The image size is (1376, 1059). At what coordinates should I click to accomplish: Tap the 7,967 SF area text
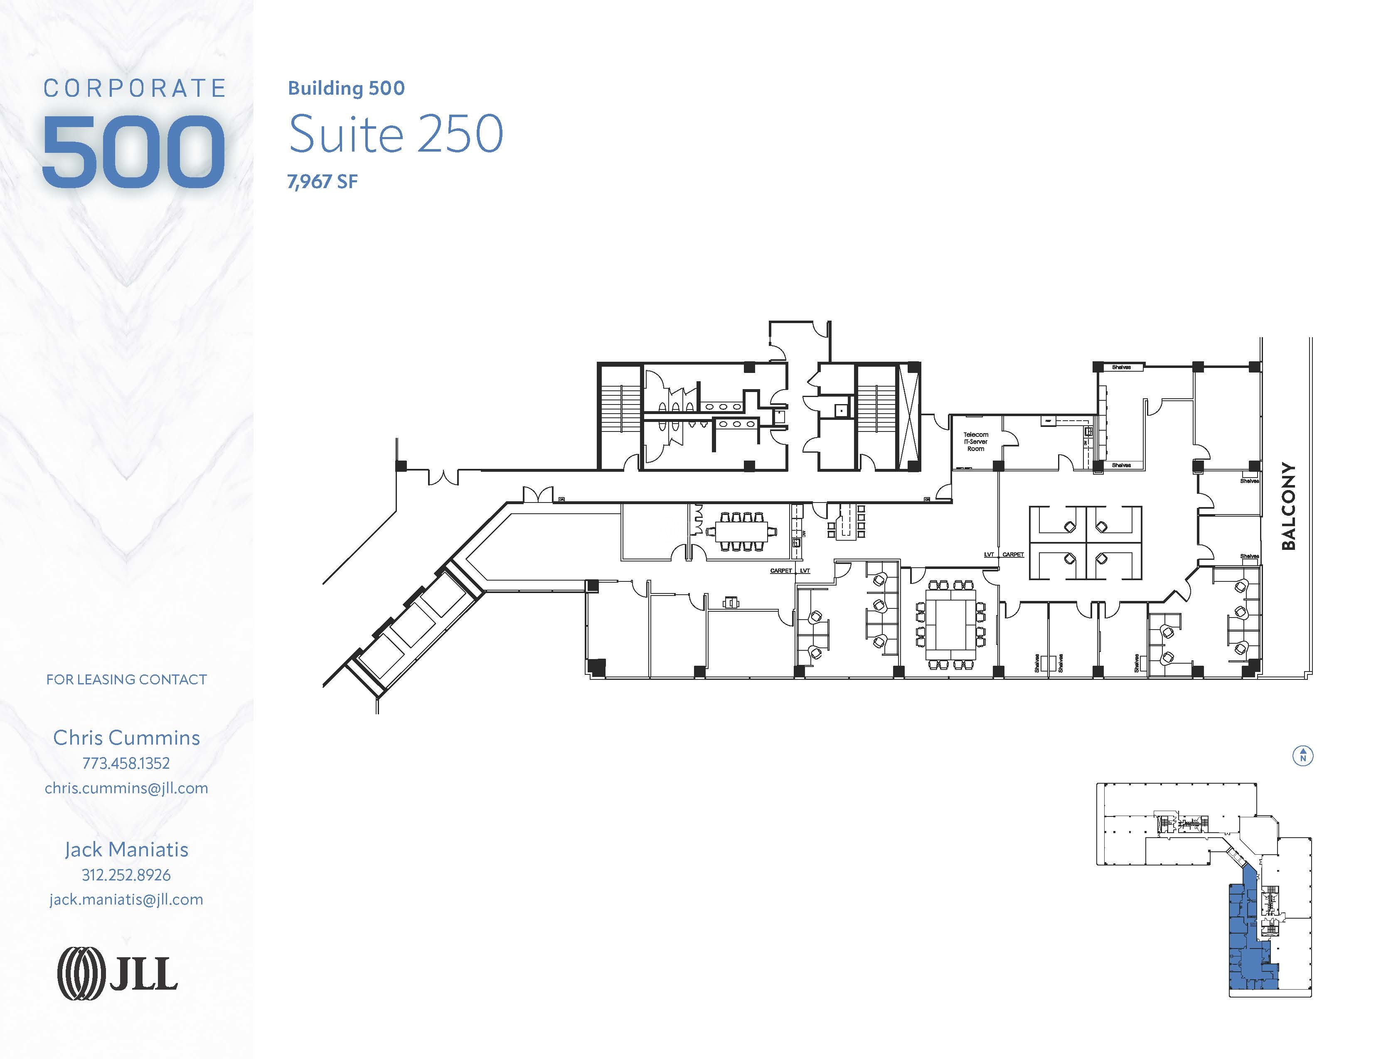tap(322, 182)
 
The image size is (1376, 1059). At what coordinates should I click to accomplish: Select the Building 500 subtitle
tap(346, 88)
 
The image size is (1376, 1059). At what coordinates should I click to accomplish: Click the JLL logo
tap(118, 975)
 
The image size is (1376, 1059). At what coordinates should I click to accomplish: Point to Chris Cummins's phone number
tap(126, 763)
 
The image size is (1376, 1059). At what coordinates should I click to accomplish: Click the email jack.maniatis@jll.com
tap(126, 900)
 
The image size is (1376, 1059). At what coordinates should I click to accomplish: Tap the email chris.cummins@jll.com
tap(126, 788)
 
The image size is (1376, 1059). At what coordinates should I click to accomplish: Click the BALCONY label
tap(1288, 506)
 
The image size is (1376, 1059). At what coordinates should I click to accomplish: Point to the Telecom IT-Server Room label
tap(975, 441)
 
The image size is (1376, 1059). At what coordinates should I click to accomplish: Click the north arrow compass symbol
tap(1303, 755)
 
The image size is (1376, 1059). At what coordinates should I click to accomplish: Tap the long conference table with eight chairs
tap(741, 532)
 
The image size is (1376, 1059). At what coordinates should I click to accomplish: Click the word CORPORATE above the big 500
tap(134, 88)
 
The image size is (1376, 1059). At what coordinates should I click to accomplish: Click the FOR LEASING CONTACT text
tap(126, 679)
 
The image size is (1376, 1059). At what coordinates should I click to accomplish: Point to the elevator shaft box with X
tap(908, 416)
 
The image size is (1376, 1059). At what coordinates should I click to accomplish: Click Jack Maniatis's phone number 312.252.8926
tap(126, 875)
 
